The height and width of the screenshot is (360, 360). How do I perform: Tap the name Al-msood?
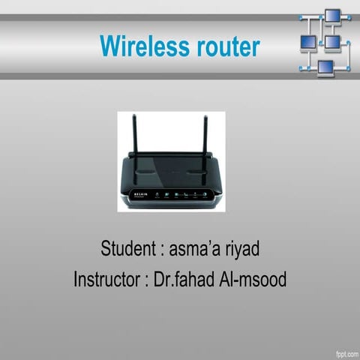pyautogui.click(x=253, y=280)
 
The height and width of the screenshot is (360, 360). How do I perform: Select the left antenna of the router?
pyautogui.click(x=133, y=135)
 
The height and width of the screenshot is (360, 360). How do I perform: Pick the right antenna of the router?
pyautogui.click(x=204, y=135)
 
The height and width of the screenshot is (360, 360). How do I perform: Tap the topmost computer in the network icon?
pyautogui.click(x=332, y=16)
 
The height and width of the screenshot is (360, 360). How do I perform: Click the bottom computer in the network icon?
pyautogui.click(x=325, y=67)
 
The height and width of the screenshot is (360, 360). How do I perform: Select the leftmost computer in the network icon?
pyautogui.click(x=307, y=42)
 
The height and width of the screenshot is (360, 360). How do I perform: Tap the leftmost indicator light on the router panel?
pyautogui.click(x=157, y=195)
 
